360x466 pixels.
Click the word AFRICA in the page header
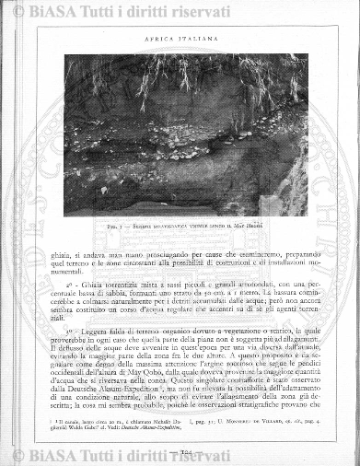[158, 39]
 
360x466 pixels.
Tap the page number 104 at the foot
[180, 452]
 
